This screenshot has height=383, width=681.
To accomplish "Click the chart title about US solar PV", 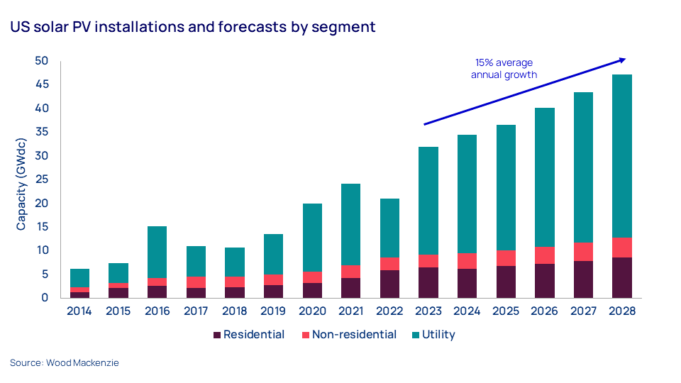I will point(192,28).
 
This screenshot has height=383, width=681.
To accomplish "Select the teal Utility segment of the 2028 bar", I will point(621,156).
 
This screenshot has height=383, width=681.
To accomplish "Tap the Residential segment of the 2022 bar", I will point(388,284).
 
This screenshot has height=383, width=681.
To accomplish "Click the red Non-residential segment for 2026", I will point(544,255).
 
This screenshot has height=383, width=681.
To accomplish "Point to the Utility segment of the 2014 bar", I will point(79,278).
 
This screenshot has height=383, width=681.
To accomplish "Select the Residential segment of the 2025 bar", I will point(506,282).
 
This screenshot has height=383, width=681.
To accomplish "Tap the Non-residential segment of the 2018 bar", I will point(233,282).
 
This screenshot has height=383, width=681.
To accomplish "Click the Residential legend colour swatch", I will point(216,335).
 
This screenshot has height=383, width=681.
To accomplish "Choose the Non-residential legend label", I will point(354,335).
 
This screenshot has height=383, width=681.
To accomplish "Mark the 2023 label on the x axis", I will point(428,311).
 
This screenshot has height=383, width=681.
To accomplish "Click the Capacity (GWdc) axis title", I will point(21,179).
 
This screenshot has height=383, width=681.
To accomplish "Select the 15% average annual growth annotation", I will point(504,69).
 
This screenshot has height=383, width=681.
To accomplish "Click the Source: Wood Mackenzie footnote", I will point(65,363).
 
